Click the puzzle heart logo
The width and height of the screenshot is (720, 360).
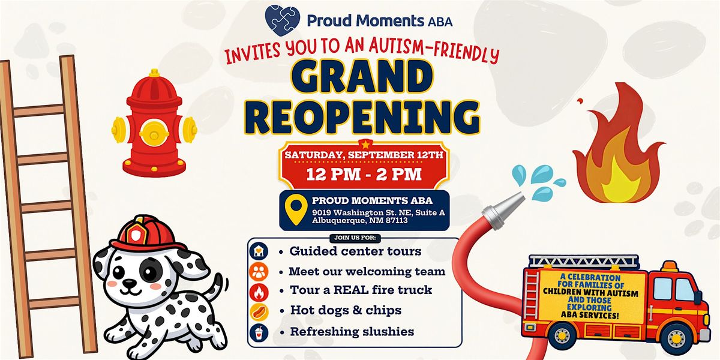pos(283,20)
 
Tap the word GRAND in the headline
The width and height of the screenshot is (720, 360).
pos(362,77)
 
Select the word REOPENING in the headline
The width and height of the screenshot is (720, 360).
pos(362,117)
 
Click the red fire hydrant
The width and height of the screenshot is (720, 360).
pos(154,124)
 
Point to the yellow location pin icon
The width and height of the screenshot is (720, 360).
pos(296,209)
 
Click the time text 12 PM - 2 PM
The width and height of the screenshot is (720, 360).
pos(364,175)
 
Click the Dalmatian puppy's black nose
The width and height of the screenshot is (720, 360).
pos(130,283)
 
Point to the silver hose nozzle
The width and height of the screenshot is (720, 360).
pos(503,210)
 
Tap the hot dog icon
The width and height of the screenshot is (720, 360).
pos(259,311)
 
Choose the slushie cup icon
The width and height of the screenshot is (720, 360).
pos(259,332)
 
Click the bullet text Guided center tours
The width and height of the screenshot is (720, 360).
pos(355,251)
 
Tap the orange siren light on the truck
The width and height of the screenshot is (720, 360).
pos(670,266)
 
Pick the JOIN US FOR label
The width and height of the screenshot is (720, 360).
pos(355,238)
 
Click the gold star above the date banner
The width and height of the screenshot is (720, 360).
pos(365,143)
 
